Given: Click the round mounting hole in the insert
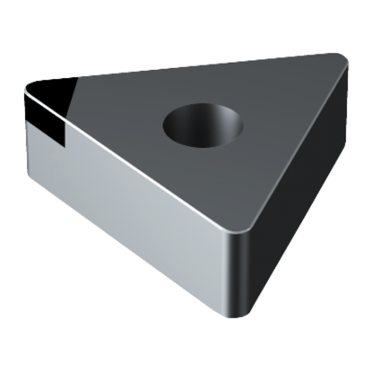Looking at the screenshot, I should click(203, 125).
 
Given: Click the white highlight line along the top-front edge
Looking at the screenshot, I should click(143, 161).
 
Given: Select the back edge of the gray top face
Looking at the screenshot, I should click(179, 67).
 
